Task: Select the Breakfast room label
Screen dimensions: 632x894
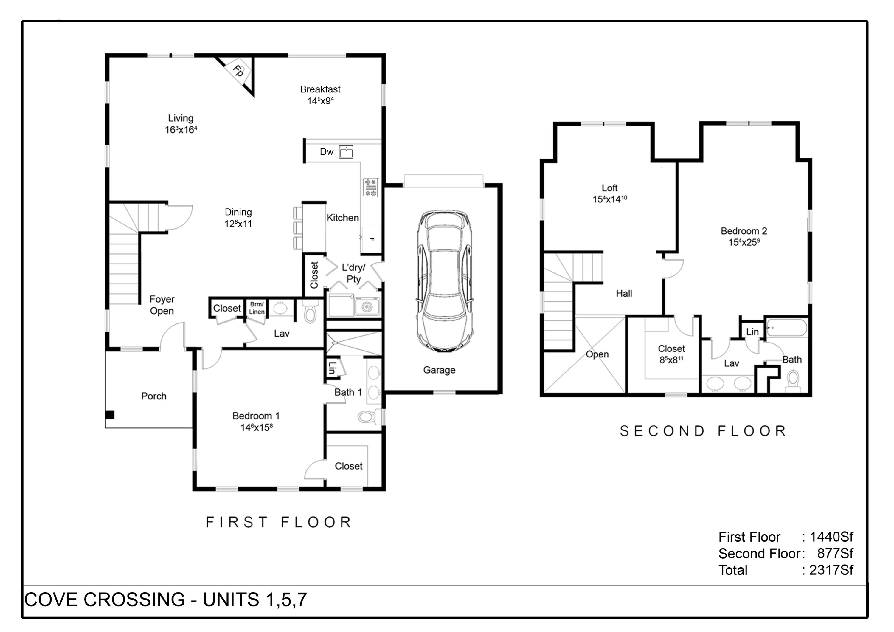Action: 320,89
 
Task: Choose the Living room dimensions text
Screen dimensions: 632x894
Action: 181,130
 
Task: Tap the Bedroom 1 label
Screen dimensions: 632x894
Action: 256,416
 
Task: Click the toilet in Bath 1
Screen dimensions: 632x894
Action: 367,417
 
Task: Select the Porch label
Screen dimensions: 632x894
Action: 153,396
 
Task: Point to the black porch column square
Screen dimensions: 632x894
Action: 110,415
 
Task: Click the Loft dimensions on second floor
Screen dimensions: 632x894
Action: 609,199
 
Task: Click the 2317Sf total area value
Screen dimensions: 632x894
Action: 831,570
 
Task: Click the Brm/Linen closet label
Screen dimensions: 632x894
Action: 257,308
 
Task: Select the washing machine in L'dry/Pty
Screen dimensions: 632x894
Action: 367,307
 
